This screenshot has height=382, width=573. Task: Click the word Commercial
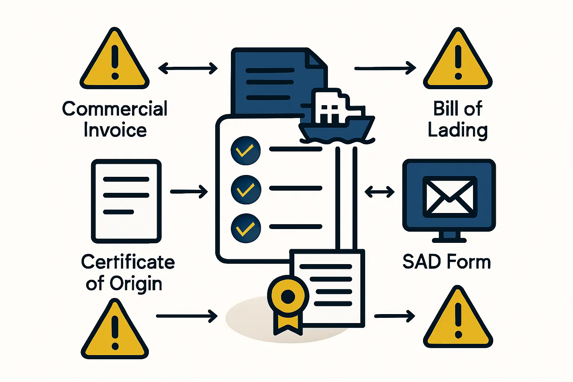115,109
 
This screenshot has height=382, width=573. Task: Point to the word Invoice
115,130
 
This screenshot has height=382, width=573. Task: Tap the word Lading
457,130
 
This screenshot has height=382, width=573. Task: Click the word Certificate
128,262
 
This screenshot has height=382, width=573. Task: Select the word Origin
136,284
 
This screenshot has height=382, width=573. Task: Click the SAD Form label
447,262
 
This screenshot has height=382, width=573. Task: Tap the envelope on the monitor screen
450,197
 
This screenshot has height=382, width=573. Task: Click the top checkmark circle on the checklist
245,150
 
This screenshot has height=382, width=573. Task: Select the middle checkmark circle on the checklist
245,189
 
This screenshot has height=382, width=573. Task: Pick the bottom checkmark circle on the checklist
245,228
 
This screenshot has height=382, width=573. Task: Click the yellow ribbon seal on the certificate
288,298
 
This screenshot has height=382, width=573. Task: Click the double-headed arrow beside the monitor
379,192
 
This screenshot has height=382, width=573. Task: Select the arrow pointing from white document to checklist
189,192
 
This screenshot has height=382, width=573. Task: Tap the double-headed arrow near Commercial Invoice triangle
188,68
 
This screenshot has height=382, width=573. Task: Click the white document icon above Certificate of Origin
126,201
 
